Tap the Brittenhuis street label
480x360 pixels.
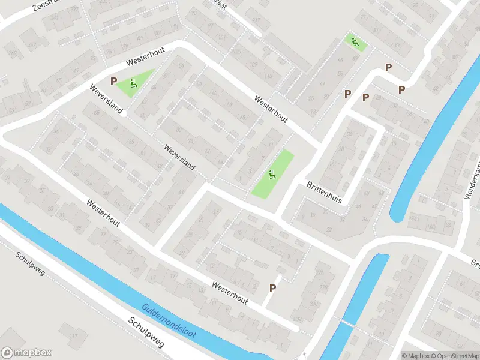pyautogui.click(x=324, y=192)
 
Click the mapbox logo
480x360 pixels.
pyautogui.click(x=26, y=353)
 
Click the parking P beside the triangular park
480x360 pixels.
pyautogui.click(x=113, y=81)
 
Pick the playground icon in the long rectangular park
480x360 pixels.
pyautogui.click(x=272, y=175)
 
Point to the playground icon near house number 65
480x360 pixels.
pyautogui.click(x=355, y=42)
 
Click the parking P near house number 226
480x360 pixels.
pyautogui.click(x=272, y=288)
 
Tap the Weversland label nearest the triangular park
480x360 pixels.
pyautogui.click(x=106, y=100)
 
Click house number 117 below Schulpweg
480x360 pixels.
pyautogui.click(x=73, y=336)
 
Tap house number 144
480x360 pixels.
pyautogui.click(x=430, y=227)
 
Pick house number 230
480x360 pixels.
pyautogui.click(x=313, y=304)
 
